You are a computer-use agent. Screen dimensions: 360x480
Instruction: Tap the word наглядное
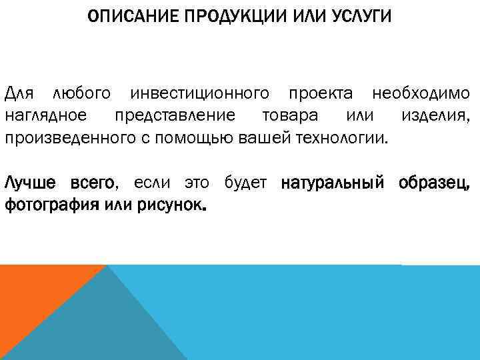click(45, 115)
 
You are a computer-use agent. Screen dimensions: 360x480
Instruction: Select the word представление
click(174, 115)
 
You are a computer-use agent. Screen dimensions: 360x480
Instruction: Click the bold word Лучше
click(31, 183)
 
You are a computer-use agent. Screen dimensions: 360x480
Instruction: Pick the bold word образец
click(437, 183)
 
